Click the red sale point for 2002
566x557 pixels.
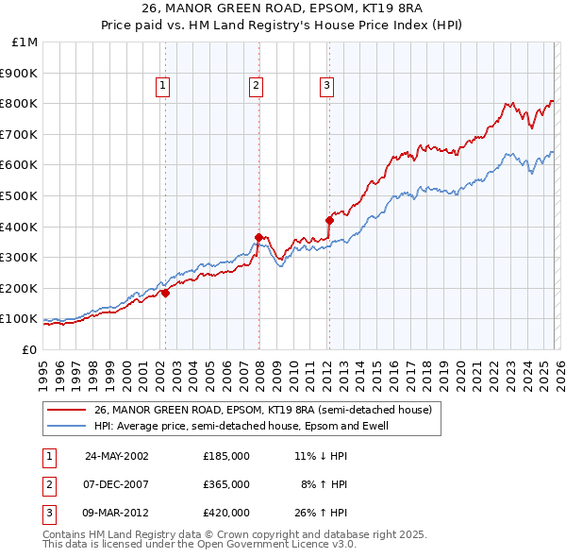[165, 293]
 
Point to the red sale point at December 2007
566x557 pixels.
[258, 237]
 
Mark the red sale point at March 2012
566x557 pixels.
[328, 220]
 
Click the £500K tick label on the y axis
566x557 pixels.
[19, 195]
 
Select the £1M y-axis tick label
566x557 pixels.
[25, 42]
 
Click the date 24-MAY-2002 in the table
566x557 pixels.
[117, 455]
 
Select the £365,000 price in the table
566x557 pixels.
[226, 484]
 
